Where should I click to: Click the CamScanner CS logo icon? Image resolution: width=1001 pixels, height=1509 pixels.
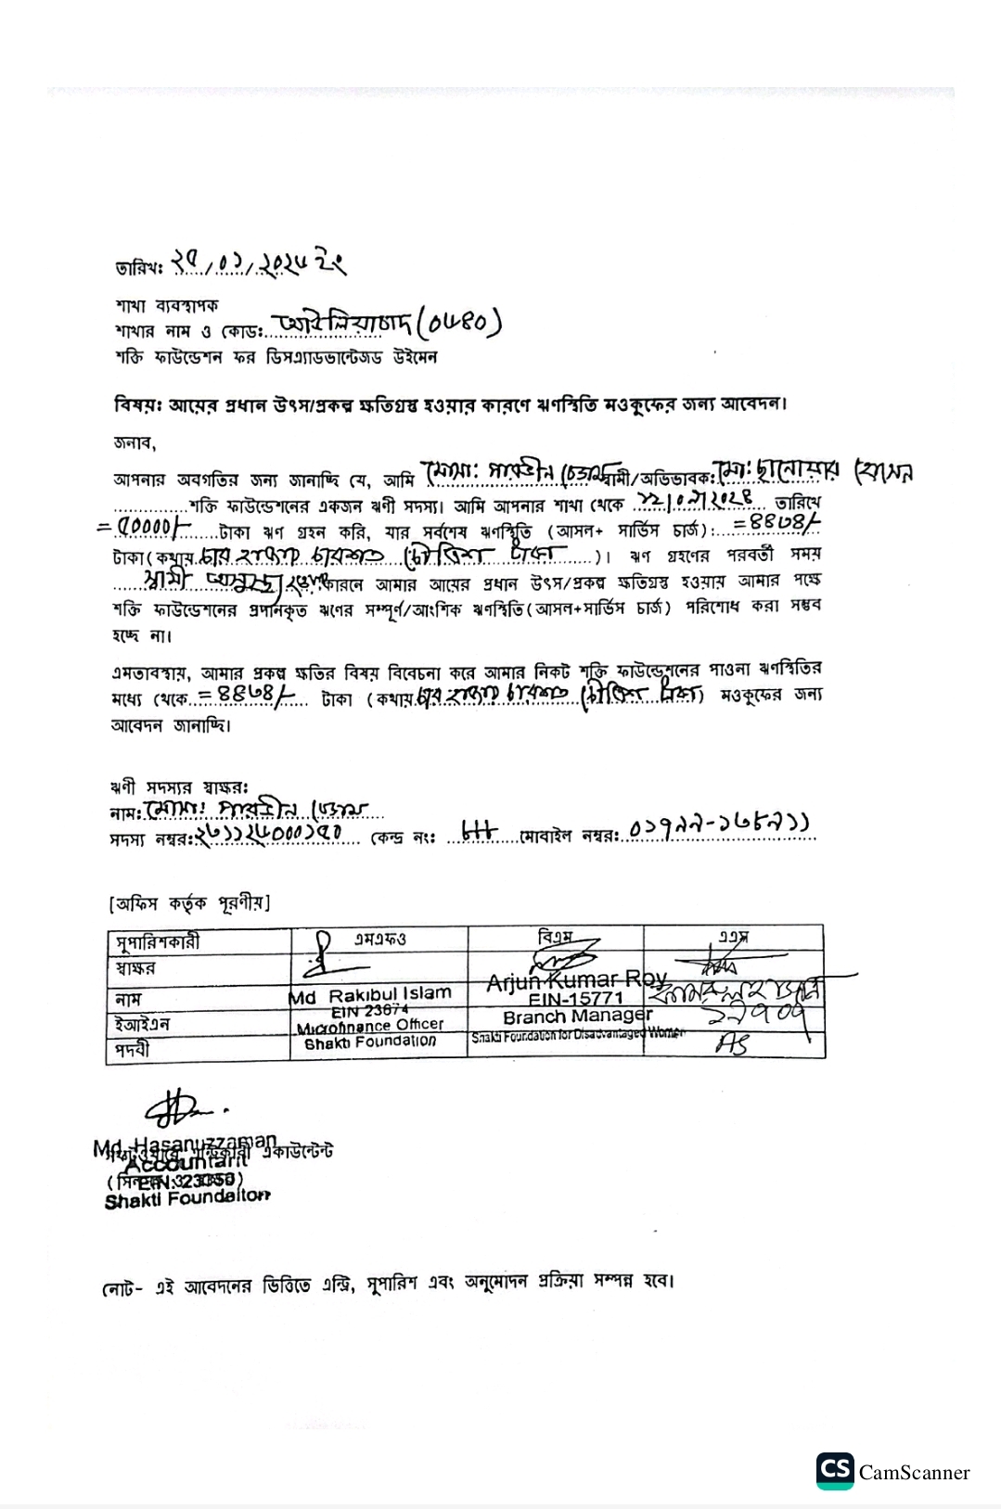click(835, 1471)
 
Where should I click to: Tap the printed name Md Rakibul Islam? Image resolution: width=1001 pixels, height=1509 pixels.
click(370, 995)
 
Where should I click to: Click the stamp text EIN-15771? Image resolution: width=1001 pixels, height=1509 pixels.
click(575, 999)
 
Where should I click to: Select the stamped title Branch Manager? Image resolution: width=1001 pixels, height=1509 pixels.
click(577, 1017)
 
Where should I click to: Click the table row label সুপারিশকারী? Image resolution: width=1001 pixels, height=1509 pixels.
click(159, 942)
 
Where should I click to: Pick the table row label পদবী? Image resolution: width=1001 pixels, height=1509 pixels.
click(133, 1050)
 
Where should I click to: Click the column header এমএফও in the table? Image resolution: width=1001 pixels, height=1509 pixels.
click(379, 938)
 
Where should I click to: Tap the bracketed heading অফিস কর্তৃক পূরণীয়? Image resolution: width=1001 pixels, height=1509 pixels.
click(190, 902)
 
